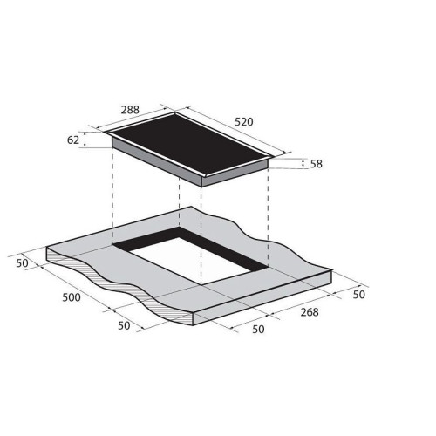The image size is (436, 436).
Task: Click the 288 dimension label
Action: click(130, 110)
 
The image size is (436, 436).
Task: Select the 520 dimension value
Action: click(244, 122)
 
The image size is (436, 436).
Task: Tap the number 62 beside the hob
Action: click(73, 140)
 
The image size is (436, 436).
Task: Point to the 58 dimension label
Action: click(317, 164)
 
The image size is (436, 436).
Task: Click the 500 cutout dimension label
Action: click(72, 297)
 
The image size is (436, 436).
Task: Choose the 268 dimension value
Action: click(310, 312)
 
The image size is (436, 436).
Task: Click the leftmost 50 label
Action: click(22, 263)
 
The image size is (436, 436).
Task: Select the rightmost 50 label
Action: click(358, 295)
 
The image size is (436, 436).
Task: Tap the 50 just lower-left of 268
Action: click(258, 330)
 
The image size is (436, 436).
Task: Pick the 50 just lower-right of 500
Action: click(124, 325)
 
